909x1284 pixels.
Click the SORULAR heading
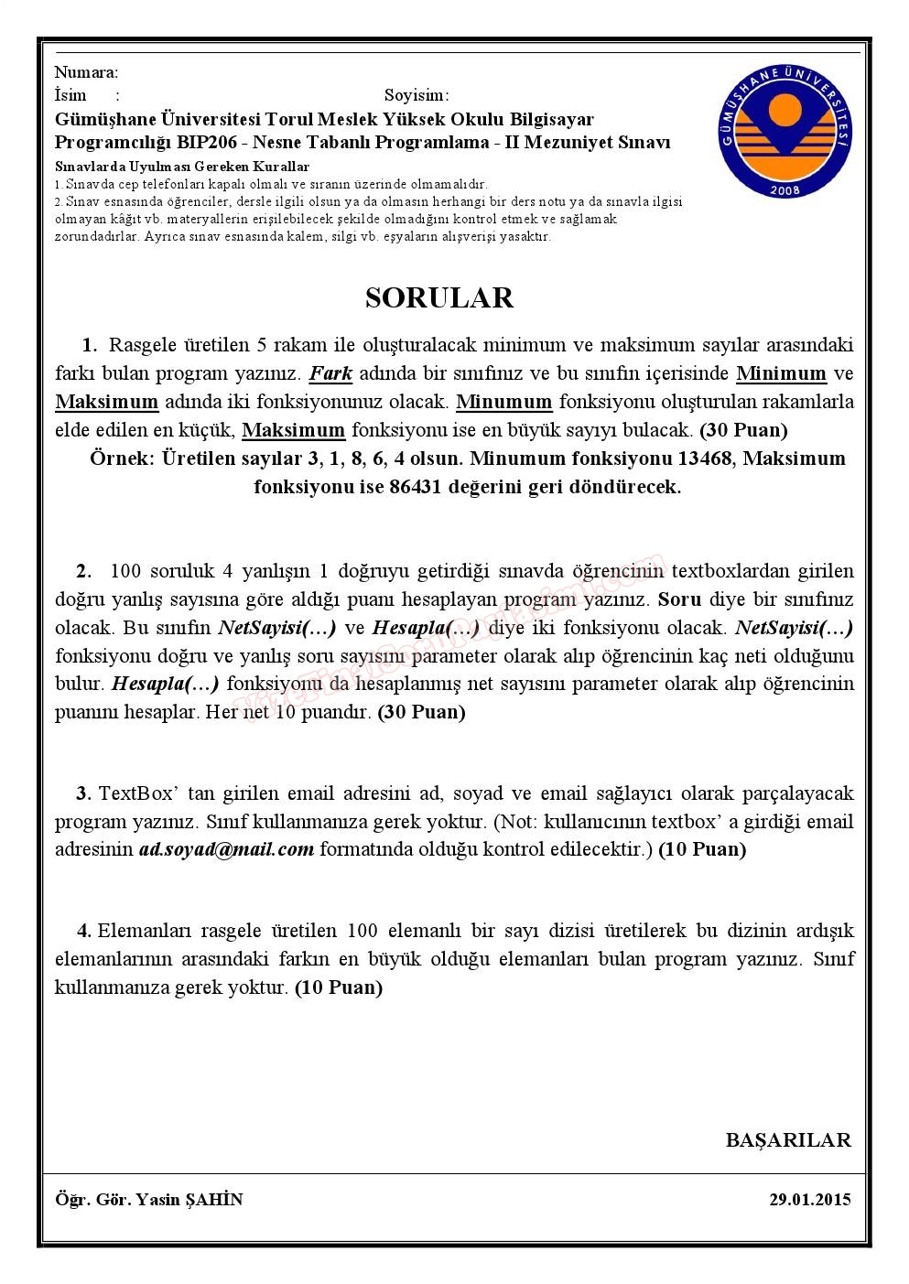click(439, 297)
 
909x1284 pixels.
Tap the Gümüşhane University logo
click(785, 132)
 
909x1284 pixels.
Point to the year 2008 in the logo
click(785, 189)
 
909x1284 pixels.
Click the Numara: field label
click(86, 72)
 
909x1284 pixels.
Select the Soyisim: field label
click(417, 95)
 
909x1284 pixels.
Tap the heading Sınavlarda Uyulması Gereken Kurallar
click(182, 167)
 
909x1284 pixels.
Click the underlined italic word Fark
click(330, 373)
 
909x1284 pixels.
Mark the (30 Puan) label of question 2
click(421, 712)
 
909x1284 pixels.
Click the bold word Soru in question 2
click(679, 599)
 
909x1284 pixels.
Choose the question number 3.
click(83, 793)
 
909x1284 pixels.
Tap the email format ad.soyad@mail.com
click(226, 849)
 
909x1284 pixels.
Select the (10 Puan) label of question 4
click(339, 987)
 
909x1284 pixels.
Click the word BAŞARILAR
click(788, 1140)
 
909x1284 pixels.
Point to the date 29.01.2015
click(810, 1199)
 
